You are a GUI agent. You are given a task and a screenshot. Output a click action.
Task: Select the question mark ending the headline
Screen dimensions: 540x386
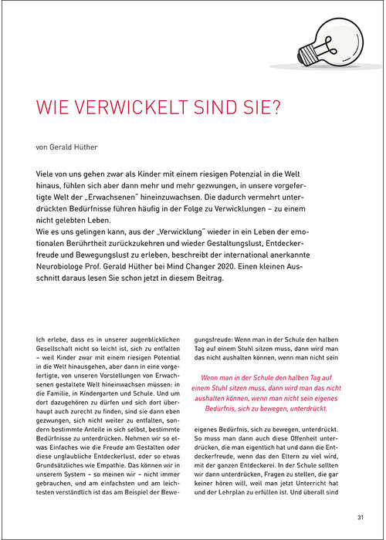pos(276,105)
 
